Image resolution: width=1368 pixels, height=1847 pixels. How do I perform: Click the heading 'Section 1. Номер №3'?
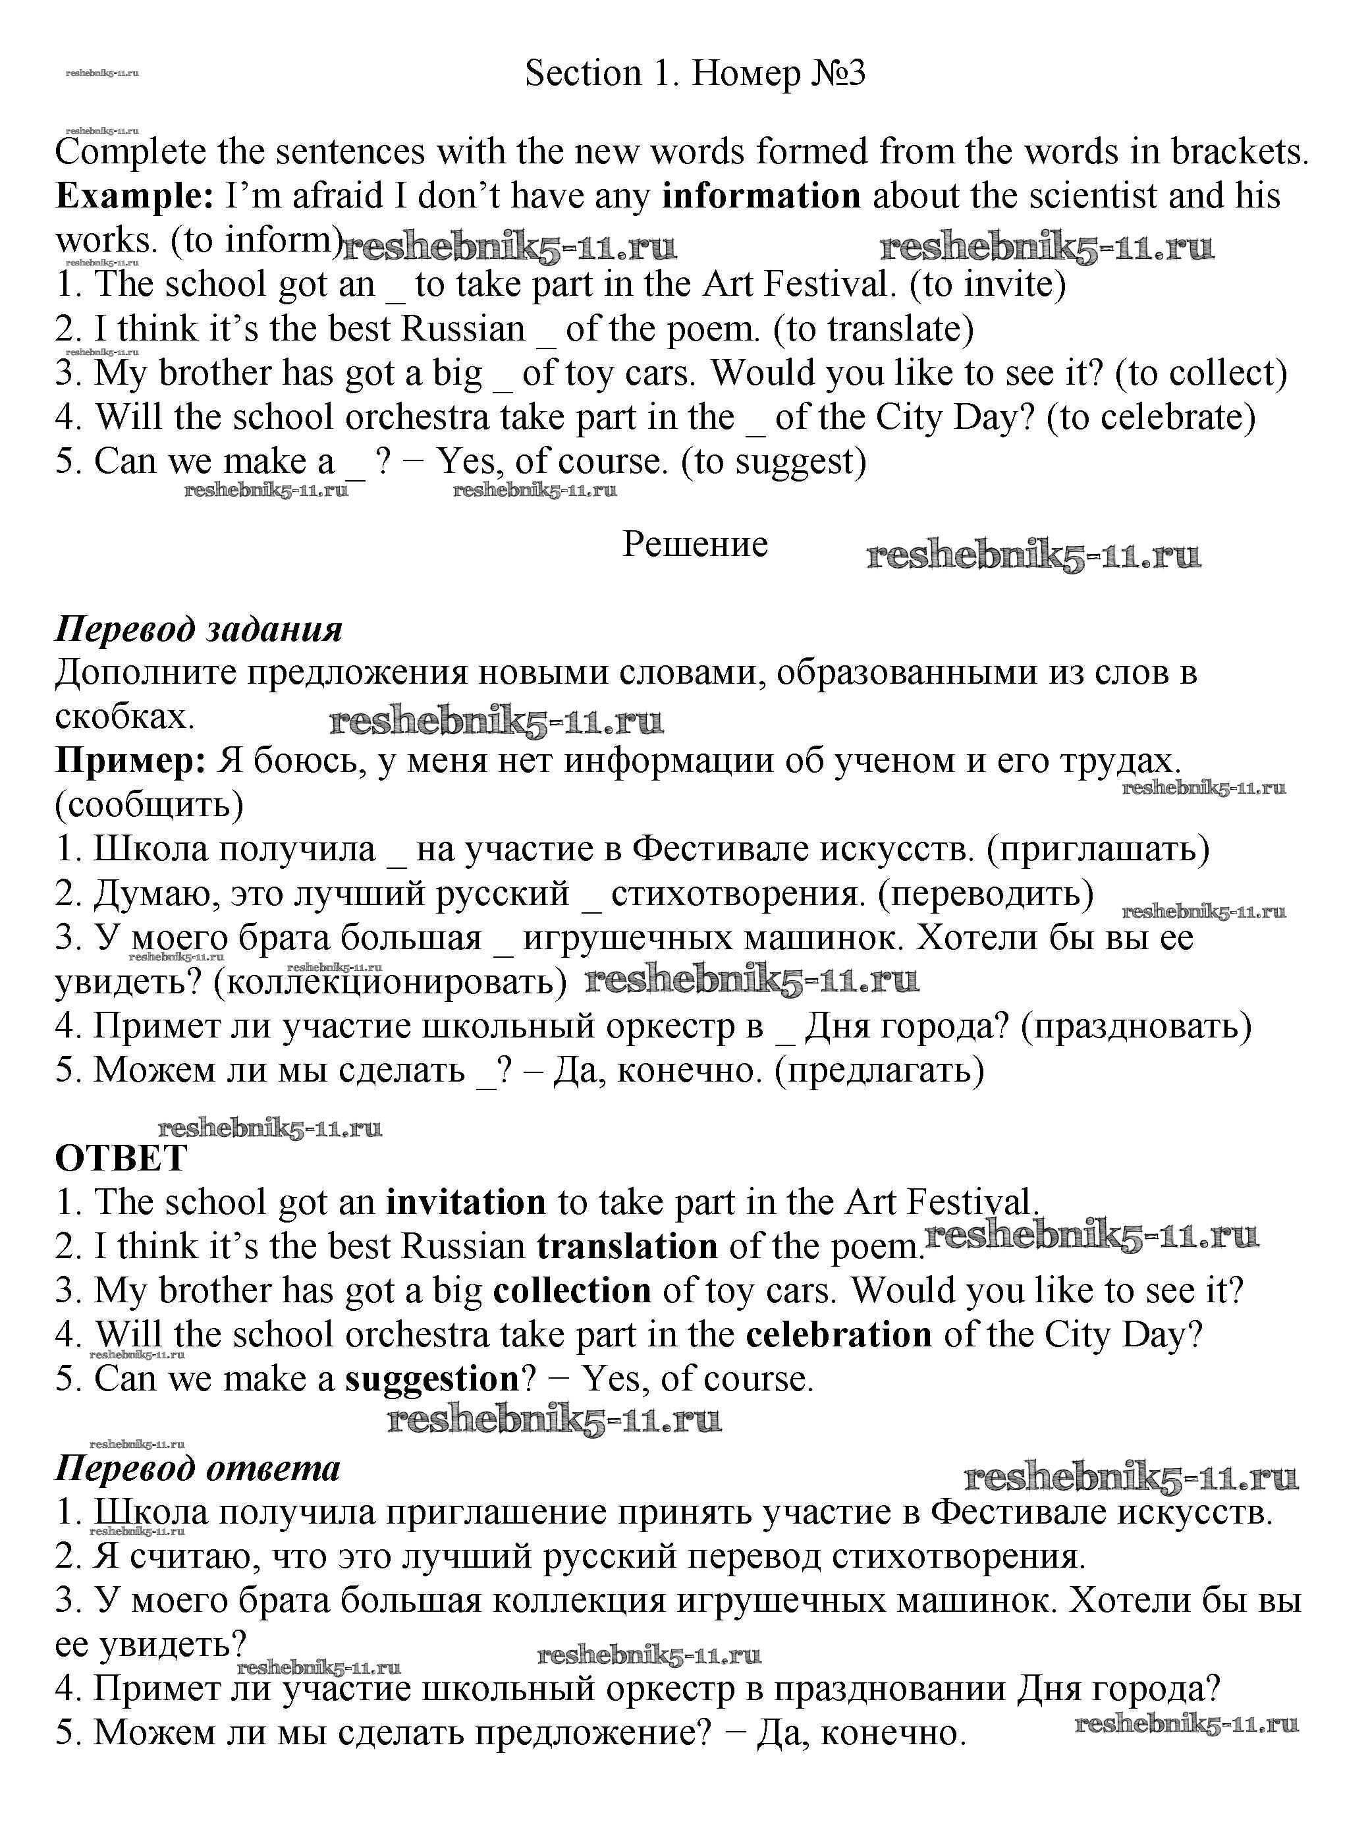tap(695, 74)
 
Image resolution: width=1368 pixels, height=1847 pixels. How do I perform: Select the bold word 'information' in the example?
tap(762, 197)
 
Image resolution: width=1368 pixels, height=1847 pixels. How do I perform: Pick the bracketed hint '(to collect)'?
tap(1201, 373)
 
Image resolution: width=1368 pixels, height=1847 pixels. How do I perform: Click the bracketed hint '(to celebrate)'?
tap(1151, 418)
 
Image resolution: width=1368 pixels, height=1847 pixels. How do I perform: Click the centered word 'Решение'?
tap(695, 545)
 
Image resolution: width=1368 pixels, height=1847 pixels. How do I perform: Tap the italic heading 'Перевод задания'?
tap(199, 630)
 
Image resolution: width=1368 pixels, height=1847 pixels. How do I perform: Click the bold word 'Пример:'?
tap(130, 760)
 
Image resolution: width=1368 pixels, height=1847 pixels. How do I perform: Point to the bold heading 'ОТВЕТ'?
tap(121, 1159)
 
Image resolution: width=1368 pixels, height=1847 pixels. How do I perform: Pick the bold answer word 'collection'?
tap(572, 1291)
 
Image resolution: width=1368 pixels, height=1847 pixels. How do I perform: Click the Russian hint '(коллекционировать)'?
tap(390, 982)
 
